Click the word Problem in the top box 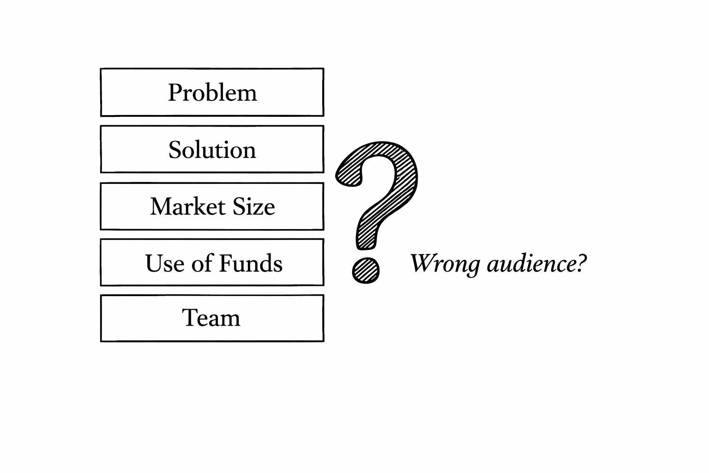pyautogui.click(x=212, y=92)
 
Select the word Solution pyautogui.click(x=212, y=150)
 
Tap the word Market pyautogui.click(x=187, y=206)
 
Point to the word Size pyautogui.click(x=253, y=206)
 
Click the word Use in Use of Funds pyautogui.click(x=162, y=263)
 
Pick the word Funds pyautogui.click(x=250, y=263)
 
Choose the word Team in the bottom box pyautogui.click(x=211, y=318)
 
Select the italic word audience pyautogui.click(x=531, y=264)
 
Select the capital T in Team pyautogui.click(x=189, y=317)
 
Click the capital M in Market pyautogui.click(x=161, y=206)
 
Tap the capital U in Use pyautogui.click(x=153, y=263)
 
